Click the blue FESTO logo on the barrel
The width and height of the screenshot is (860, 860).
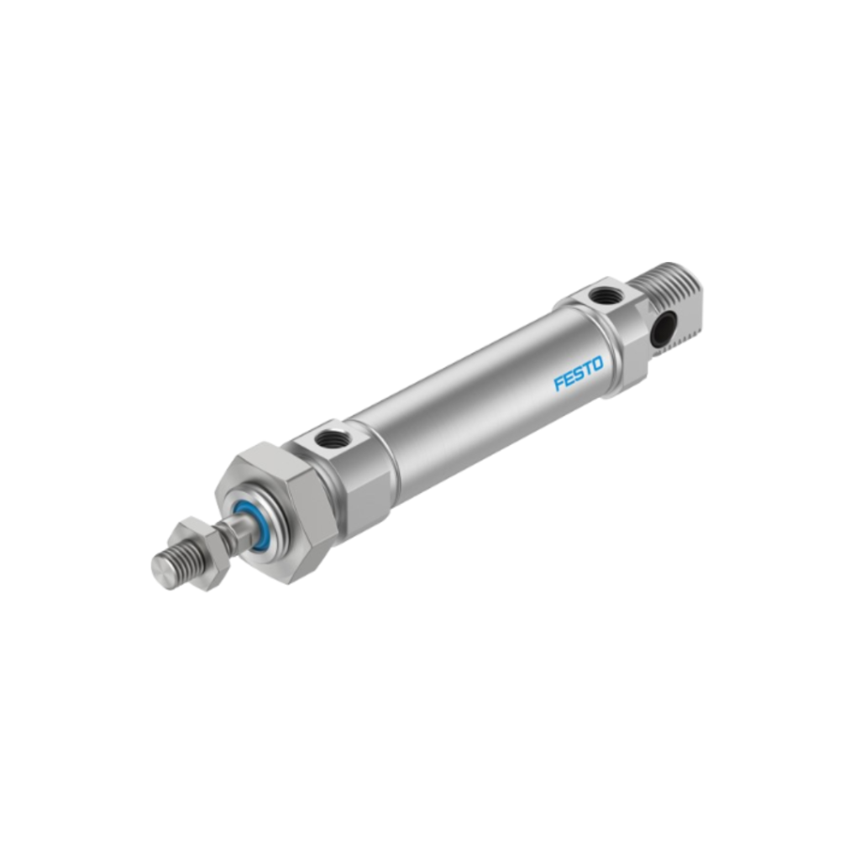[x=579, y=374]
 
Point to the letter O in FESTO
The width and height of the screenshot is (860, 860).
[x=597, y=364]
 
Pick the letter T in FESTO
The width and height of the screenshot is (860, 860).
[x=587, y=370]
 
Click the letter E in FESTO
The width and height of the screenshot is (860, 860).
[x=569, y=379]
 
